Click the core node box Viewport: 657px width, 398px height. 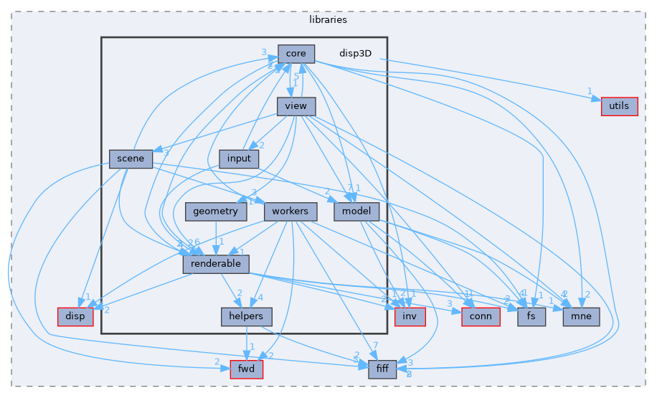pyautogui.click(x=296, y=54)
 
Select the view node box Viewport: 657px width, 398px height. pyautogui.click(x=296, y=106)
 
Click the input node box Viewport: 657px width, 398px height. pyautogui.click(x=238, y=158)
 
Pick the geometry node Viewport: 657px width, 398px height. pyautogui.click(x=216, y=212)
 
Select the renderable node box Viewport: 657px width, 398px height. pyautogui.click(x=216, y=264)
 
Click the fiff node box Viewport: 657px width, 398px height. pyautogui.click(x=382, y=369)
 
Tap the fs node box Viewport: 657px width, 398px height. pyautogui.click(x=532, y=316)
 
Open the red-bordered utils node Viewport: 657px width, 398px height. pyautogui.click(x=619, y=106)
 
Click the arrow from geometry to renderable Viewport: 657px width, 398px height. pyautogui.click(x=217, y=237)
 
